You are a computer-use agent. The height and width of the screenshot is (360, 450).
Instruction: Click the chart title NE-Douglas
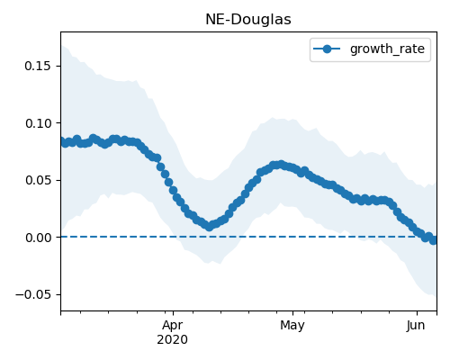pyautogui.click(x=248, y=20)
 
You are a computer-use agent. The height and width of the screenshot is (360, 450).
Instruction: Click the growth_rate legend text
pyautogui.click(x=387, y=49)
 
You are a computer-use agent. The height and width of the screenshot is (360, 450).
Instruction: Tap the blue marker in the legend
pyautogui.click(x=327, y=49)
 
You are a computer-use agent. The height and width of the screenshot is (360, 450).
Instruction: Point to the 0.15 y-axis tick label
pyautogui.click(x=38, y=66)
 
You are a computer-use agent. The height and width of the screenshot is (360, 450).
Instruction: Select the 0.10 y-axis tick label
pyautogui.click(x=38, y=123)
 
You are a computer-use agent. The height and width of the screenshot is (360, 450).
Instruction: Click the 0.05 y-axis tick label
pyautogui.click(x=38, y=180)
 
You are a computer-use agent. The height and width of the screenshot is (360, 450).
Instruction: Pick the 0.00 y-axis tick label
pyautogui.click(x=38, y=238)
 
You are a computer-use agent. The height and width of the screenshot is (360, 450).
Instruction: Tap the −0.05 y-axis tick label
pyautogui.click(x=33, y=294)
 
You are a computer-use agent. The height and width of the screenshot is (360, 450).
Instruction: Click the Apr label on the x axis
pyautogui.click(x=173, y=326)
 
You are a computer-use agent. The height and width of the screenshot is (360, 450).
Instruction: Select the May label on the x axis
pyautogui.click(x=292, y=326)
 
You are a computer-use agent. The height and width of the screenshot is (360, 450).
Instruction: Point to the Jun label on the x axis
pyautogui.click(x=416, y=326)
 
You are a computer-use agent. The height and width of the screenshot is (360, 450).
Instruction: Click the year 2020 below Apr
pyautogui.click(x=173, y=340)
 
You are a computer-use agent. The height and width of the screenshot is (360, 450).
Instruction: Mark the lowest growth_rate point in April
pyautogui.click(x=210, y=227)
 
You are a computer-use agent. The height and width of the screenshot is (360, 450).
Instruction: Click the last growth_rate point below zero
pyautogui.click(x=433, y=240)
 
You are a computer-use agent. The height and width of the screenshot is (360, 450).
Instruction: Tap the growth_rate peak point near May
pyautogui.click(x=281, y=165)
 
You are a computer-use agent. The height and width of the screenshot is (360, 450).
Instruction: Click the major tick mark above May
pyautogui.click(x=292, y=313)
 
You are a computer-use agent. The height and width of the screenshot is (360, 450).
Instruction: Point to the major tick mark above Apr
pyautogui.click(x=173, y=313)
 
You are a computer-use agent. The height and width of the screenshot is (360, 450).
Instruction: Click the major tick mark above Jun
pyautogui.click(x=417, y=313)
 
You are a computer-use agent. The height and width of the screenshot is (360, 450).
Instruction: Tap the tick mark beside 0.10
pyautogui.click(x=58, y=123)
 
